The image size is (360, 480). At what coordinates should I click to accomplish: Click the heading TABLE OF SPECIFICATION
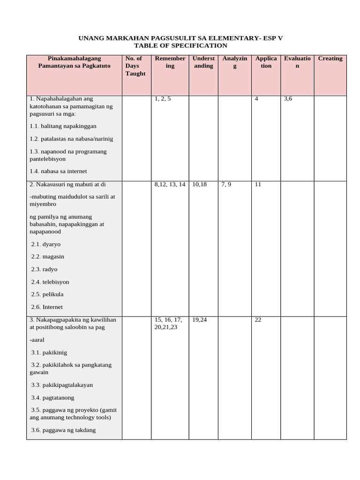180,45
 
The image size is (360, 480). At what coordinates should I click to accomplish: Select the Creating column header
330,59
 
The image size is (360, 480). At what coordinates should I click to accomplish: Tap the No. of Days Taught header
135,66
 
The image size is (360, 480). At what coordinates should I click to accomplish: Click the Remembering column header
170,62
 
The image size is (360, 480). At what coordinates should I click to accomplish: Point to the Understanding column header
203,62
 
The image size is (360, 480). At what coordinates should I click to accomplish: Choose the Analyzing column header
235,62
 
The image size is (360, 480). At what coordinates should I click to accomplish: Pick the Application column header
266,62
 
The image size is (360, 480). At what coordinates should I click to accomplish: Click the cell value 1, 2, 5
163,99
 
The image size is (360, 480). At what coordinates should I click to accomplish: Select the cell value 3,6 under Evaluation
288,99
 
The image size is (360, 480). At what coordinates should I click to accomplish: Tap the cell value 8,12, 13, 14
170,184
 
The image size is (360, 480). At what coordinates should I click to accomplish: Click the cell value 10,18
199,184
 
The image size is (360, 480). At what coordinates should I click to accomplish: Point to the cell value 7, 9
226,184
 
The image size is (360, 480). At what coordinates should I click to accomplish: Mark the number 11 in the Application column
258,184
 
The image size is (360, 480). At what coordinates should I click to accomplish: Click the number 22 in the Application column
258,320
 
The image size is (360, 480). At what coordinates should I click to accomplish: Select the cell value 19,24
199,320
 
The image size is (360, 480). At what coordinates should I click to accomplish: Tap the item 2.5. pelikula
47,294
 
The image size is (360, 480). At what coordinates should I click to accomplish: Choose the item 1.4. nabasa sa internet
58,171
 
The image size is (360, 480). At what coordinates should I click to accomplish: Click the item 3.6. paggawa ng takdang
63,430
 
